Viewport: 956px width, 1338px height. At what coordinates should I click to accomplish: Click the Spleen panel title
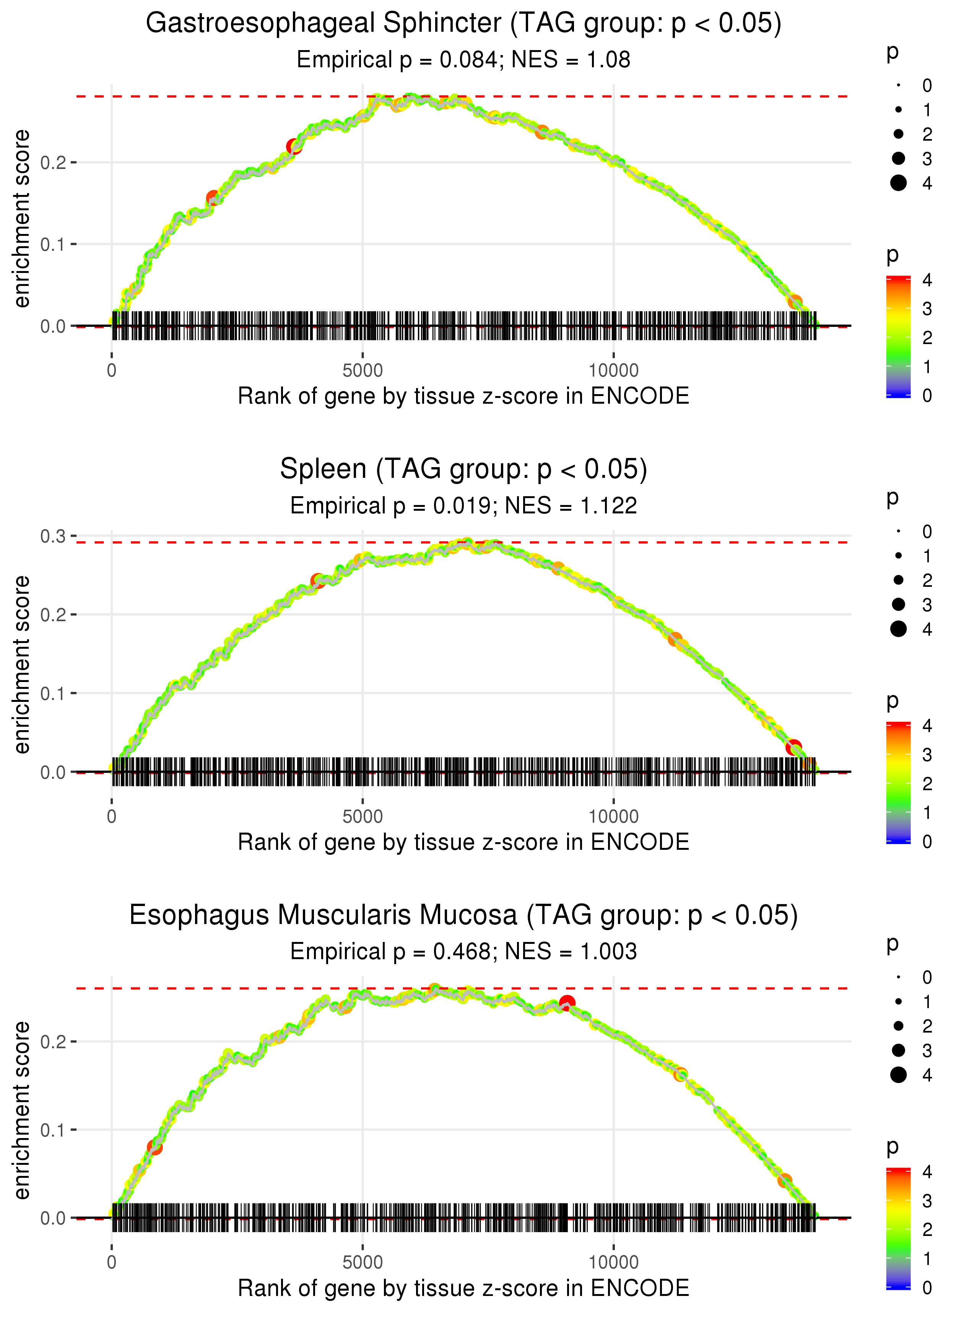(x=463, y=469)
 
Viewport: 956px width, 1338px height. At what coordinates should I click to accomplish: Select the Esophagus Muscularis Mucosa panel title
(x=463, y=915)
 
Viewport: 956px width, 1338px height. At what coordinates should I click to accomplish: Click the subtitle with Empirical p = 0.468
(x=390, y=952)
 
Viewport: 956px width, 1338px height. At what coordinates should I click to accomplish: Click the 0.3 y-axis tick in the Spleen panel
(x=53, y=536)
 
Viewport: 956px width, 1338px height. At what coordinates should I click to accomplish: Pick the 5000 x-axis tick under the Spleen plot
(x=363, y=817)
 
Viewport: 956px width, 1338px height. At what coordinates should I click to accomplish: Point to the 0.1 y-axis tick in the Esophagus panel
(x=53, y=1130)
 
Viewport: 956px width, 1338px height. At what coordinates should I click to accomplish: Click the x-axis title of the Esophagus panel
(x=463, y=1288)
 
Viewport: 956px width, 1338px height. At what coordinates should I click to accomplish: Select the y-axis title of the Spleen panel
(x=22, y=665)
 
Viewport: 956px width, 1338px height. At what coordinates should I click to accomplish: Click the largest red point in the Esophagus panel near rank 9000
(x=567, y=1003)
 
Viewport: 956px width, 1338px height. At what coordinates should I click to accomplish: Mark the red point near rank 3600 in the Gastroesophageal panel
(x=294, y=146)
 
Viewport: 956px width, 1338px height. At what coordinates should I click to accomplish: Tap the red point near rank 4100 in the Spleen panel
(x=318, y=581)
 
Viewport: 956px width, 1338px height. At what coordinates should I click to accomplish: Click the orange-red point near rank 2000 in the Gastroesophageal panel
(x=213, y=198)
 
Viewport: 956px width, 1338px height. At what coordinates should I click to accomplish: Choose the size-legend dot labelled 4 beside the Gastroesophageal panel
(x=898, y=183)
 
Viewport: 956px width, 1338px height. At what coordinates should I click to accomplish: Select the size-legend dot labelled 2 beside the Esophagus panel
(x=898, y=1026)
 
